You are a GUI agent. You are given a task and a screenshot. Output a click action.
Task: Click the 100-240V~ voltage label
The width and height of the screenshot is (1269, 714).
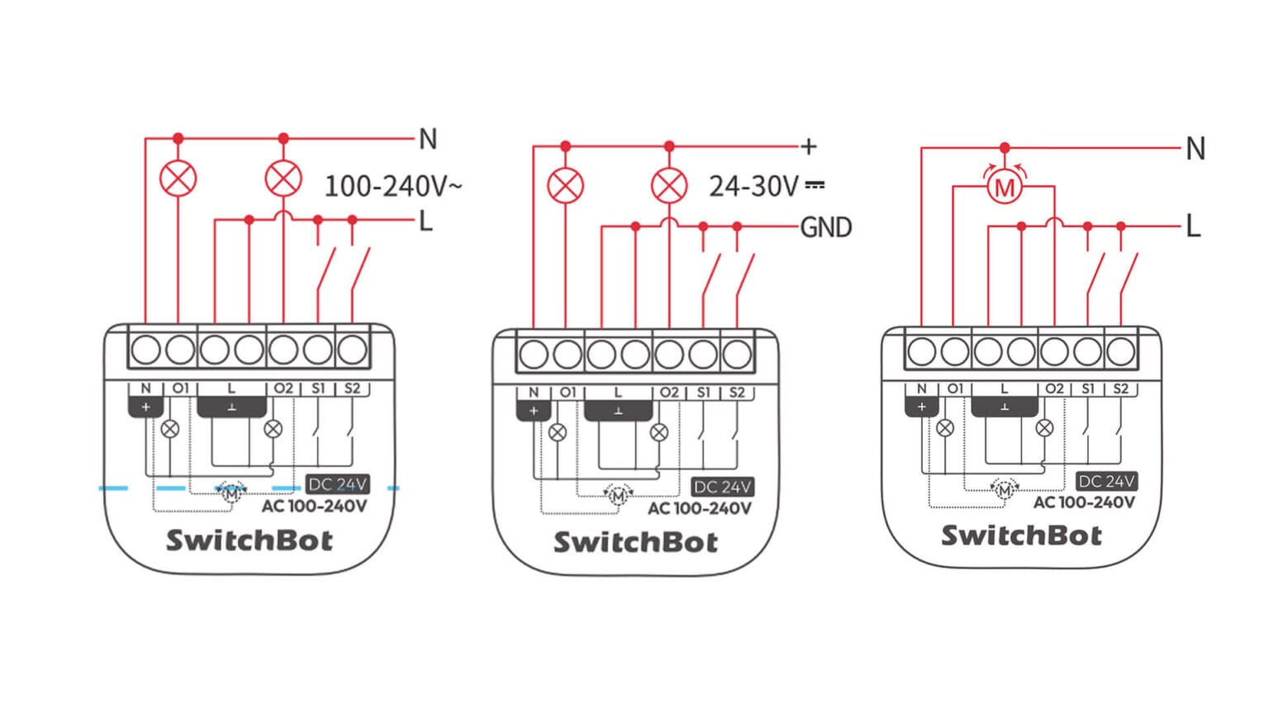392,186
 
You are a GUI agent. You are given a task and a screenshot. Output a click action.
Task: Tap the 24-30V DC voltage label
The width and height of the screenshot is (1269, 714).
766,186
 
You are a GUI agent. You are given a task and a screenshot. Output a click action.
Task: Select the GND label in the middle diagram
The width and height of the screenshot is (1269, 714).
825,227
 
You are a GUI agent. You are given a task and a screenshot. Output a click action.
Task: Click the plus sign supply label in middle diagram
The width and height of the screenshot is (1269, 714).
809,147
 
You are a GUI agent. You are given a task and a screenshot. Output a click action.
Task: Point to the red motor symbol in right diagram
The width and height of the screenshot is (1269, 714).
1004,188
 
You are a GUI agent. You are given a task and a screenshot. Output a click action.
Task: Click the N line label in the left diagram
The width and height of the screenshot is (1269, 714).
427,139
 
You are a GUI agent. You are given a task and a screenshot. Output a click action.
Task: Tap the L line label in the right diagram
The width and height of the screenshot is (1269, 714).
1192,226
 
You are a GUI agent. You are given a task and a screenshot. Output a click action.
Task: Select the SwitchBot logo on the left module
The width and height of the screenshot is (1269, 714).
250,540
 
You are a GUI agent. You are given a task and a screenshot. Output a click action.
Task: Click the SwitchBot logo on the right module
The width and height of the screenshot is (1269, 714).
1021,535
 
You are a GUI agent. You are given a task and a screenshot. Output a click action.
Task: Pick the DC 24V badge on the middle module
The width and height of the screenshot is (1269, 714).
722,487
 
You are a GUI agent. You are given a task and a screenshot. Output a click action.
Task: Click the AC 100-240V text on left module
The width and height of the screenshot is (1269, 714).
314,506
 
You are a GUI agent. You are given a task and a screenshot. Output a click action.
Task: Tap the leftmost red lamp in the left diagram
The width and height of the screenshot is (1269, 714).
178,178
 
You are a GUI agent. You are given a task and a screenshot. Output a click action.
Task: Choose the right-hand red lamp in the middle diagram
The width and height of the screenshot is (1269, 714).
669,186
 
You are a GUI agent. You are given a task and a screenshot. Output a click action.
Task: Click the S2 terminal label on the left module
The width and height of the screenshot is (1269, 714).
352,388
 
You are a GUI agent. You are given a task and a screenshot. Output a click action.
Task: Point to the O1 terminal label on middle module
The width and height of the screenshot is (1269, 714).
568,393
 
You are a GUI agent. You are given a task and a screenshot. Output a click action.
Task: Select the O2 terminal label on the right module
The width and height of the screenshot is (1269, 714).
1054,388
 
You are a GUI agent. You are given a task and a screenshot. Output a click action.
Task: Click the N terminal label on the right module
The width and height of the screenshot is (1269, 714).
921,388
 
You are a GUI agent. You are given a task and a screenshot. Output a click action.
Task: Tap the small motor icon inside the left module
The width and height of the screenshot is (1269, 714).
231,493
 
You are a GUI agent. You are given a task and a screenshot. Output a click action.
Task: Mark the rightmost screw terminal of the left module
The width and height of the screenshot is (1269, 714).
353,350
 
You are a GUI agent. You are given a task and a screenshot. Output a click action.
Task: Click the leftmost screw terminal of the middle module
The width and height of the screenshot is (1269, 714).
534,355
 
